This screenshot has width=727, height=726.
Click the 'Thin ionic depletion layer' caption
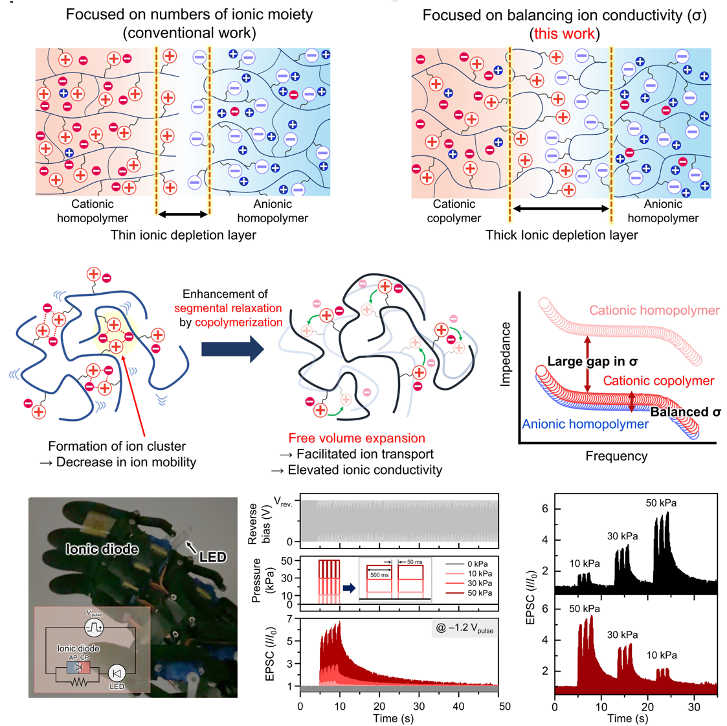point(183,235)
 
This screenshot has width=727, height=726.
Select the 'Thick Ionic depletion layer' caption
point(561,235)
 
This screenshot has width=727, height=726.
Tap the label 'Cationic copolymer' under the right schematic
point(454,211)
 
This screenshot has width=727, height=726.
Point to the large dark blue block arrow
point(232,350)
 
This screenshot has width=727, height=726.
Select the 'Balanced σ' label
point(685,412)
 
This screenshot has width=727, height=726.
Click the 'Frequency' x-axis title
point(616,456)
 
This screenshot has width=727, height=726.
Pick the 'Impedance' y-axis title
point(506,354)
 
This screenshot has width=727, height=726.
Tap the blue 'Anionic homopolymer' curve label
point(585,424)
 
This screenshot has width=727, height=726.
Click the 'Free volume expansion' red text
point(357,438)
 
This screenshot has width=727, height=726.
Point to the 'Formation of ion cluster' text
point(117,446)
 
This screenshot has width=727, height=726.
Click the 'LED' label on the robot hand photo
point(212,556)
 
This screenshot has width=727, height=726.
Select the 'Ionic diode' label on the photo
point(102,549)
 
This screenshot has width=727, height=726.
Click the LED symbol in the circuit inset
point(117,673)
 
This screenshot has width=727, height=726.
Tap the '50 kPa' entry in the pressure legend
point(479,593)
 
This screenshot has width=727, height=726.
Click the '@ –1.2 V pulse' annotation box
point(464,628)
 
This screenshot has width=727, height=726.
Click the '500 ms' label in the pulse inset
point(379,575)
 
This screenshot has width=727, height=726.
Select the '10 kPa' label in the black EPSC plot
point(584,563)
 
